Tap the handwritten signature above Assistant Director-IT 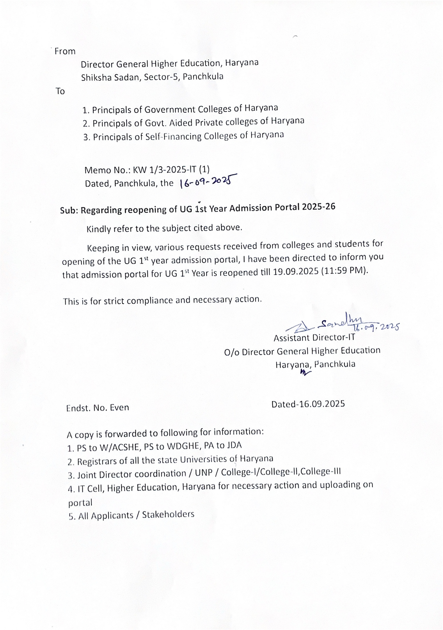[341, 325]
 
